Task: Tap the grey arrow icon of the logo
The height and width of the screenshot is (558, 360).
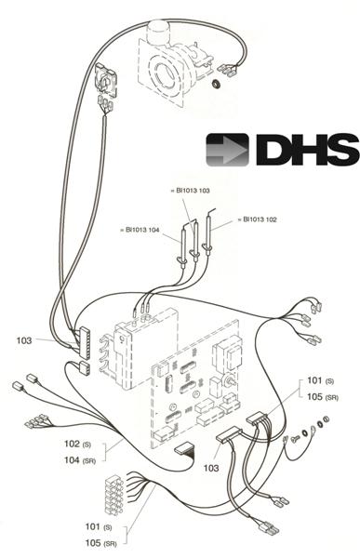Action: (x=227, y=149)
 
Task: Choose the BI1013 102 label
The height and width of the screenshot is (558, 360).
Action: (x=259, y=219)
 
